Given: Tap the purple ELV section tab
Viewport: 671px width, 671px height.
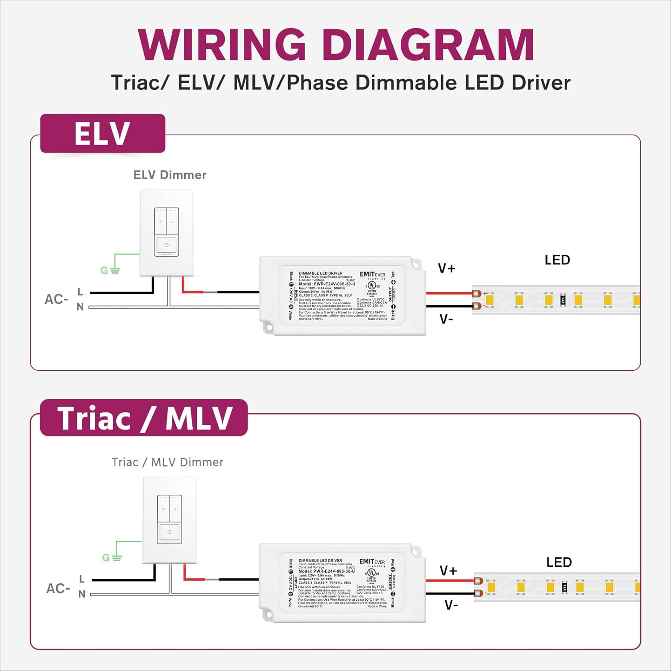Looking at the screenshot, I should [x=102, y=134].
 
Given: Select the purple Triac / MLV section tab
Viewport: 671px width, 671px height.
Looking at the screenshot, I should [x=144, y=418].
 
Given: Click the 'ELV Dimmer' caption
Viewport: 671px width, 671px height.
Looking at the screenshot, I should [x=170, y=175].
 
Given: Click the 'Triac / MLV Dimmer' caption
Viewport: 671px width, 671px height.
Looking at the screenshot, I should [x=168, y=462].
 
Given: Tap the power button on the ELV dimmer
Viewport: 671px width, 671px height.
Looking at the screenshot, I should [x=166, y=245].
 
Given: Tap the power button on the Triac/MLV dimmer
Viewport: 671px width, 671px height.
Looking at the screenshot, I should [x=169, y=532].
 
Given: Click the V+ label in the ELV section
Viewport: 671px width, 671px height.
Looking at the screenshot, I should [x=446, y=268].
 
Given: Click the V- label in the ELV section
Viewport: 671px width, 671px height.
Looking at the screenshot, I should [x=446, y=319].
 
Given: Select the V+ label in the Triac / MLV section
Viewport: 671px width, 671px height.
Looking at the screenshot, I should [x=448, y=570].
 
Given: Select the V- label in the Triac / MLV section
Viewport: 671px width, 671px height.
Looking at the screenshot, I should [x=451, y=605].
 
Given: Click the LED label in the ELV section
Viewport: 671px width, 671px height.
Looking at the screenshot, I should [x=557, y=260].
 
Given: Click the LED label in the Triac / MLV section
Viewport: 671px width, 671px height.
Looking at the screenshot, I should [x=559, y=562].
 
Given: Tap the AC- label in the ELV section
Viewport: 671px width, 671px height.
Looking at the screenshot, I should [x=56, y=299].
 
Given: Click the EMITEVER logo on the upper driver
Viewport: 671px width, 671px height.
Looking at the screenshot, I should [x=372, y=275].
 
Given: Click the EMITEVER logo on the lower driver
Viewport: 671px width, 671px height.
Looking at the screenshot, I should [x=372, y=562].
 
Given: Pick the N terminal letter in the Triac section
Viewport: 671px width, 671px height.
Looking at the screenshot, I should [x=82, y=594].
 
